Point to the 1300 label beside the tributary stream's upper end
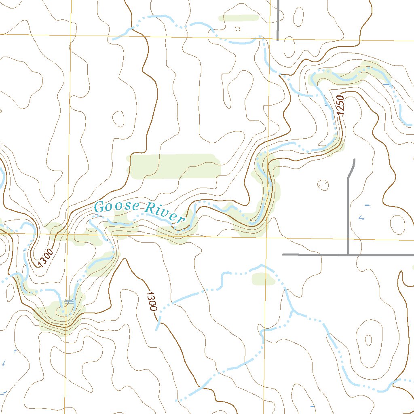(x=151, y=301)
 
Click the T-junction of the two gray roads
(x=348, y=255)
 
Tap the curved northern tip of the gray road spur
(x=354, y=160)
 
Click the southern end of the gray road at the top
(x=278, y=40)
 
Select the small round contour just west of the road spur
(x=323, y=185)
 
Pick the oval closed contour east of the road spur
(x=397, y=224)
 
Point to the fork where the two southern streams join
(x=292, y=311)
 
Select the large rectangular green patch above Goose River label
(x=175, y=166)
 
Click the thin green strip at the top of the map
(x=238, y=18)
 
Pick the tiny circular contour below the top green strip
(x=237, y=29)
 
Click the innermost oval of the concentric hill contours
(x=368, y=340)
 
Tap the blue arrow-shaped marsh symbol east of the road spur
(x=361, y=218)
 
